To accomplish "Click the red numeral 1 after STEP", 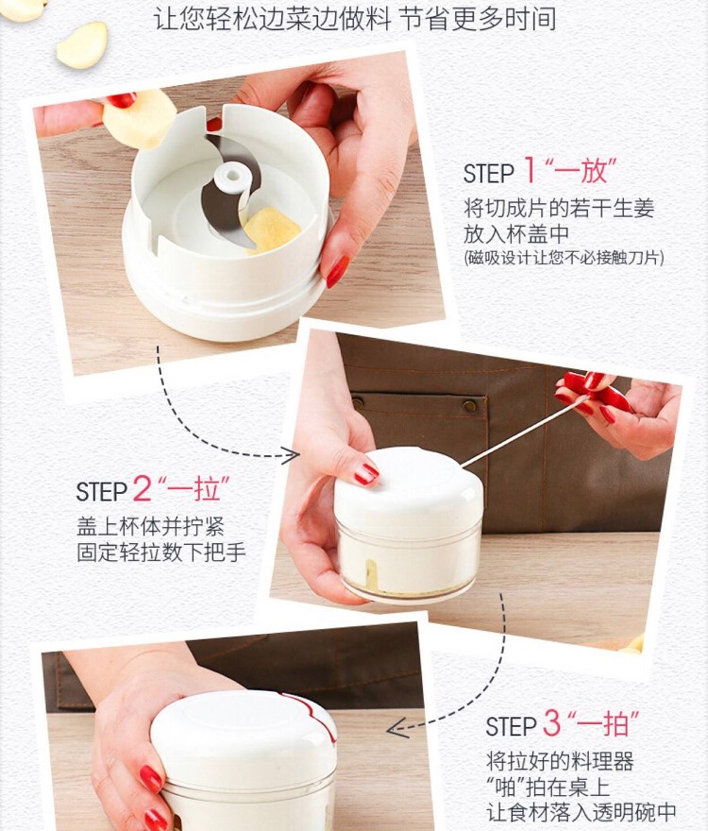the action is (530, 170).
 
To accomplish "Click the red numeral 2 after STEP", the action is (142, 487).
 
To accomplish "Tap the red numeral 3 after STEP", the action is (551, 723).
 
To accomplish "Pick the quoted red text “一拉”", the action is (194, 488).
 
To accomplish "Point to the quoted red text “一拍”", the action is (603, 723).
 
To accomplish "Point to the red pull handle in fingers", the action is (594, 392).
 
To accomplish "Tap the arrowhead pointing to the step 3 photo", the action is (397, 728).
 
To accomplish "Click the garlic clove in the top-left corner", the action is (82, 45).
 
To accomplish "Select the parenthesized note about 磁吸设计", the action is (564, 258).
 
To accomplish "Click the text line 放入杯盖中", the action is (516, 234).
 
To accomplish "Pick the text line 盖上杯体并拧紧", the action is (150, 526).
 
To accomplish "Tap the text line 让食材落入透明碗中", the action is (582, 812).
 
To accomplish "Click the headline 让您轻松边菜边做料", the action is (273, 18).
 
